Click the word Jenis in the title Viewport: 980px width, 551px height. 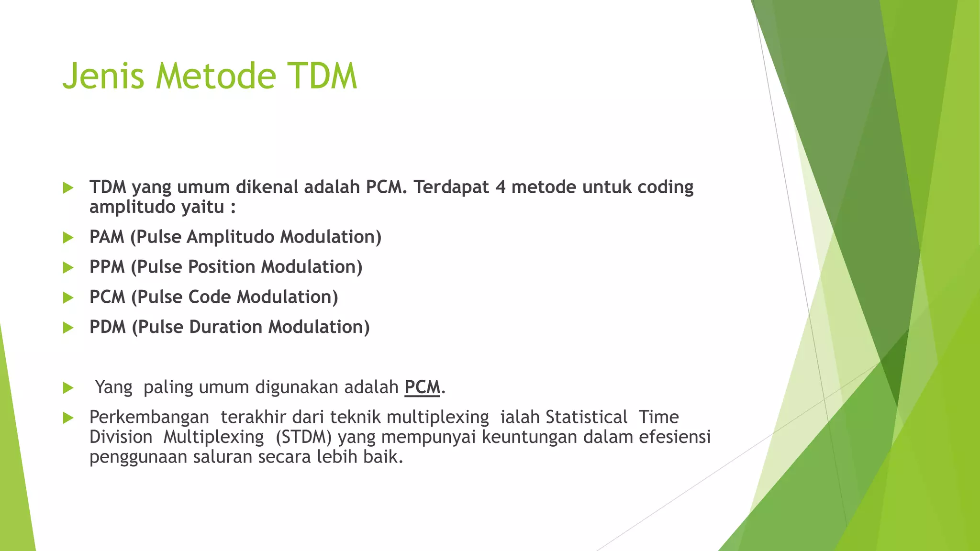point(103,77)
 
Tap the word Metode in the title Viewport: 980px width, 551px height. point(216,77)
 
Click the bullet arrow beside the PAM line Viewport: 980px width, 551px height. point(68,237)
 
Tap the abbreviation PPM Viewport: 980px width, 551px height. point(107,267)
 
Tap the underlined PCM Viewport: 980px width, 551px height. point(422,387)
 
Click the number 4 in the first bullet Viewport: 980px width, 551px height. point(501,187)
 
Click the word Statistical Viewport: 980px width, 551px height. point(586,417)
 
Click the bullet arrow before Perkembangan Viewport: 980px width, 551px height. point(68,418)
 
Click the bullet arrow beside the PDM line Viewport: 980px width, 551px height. point(68,328)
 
